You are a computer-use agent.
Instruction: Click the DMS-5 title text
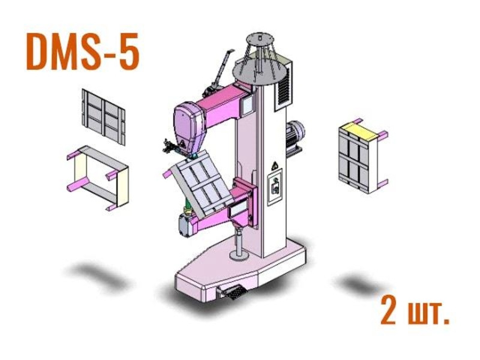click(x=83, y=52)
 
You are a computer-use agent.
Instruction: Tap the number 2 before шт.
click(x=389, y=310)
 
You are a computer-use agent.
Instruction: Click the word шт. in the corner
click(x=429, y=313)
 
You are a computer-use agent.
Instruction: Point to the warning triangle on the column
click(x=275, y=166)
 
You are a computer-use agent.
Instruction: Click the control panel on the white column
click(x=275, y=187)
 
